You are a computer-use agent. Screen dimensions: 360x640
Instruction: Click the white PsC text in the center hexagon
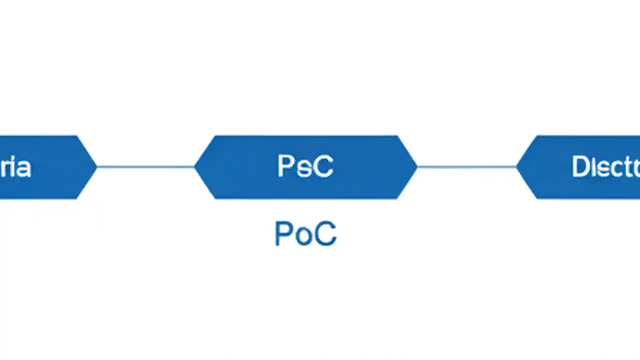point(305,166)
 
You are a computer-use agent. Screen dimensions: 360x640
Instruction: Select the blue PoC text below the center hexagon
point(305,233)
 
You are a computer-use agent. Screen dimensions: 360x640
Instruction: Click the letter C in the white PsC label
point(323,166)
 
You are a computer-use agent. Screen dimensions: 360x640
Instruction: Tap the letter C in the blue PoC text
point(325,233)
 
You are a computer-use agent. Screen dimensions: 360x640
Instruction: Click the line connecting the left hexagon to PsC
point(145,166)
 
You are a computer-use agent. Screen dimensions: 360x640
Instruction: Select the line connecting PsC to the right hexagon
point(466,166)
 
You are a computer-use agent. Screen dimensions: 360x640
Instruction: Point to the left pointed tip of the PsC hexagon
point(196,166)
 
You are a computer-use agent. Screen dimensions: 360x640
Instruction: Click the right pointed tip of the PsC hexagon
point(415,166)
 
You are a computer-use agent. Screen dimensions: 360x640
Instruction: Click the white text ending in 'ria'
point(15,167)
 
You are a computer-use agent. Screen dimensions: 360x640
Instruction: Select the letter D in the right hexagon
point(579,167)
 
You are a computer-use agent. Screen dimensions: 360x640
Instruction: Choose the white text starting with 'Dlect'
point(605,167)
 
